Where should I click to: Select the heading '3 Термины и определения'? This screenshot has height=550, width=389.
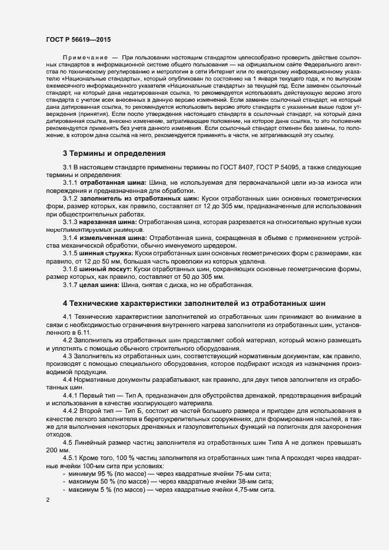tap(114, 154)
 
